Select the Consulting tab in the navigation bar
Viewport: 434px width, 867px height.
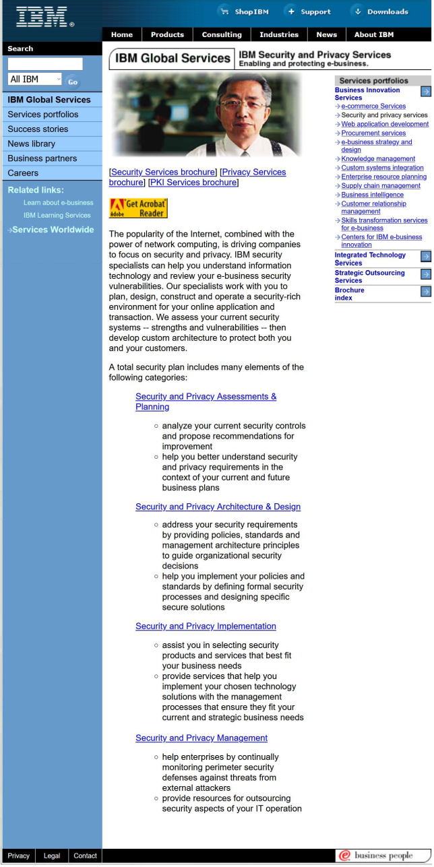[x=221, y=35]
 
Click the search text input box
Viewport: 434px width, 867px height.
[x=45, y=64]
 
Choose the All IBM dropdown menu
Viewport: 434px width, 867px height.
[x=34, y=79]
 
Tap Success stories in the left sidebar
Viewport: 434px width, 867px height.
[x=38, y=129]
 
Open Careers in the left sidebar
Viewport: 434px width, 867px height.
[x=23, y=173]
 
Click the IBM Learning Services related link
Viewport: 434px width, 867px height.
[x=57, y=216]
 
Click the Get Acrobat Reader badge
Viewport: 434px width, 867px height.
[x=138, y=208]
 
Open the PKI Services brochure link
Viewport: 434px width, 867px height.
[x=193, y=183]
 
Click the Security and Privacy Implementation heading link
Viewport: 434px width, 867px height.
[x=206, y=627]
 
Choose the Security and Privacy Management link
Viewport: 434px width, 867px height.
[x=201, y=738]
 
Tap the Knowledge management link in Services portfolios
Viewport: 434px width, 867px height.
[x=378, y=159]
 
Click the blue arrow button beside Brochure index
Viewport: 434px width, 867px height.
[x=425, y=292]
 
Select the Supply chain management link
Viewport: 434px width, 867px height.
[x=381, y=186]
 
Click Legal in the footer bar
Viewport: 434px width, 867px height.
[x=52, y=856]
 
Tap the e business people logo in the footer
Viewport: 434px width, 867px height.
[x=382, y=856]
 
